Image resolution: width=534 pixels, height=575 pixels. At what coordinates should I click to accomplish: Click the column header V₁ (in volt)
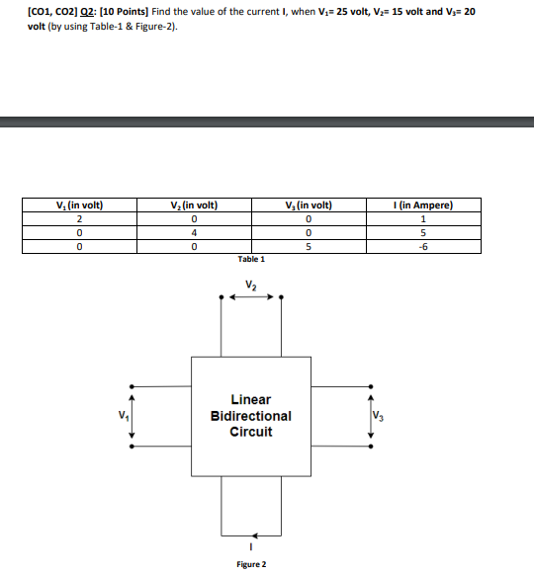coord(77,205)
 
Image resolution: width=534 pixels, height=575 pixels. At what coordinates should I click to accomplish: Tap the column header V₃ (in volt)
coord(309,205)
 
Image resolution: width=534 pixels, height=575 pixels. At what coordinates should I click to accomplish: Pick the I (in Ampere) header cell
coord(423,205)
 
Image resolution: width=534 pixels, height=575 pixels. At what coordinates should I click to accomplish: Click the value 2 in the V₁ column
coord(77,218)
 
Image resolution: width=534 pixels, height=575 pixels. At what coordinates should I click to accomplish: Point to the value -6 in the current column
coord(423,246)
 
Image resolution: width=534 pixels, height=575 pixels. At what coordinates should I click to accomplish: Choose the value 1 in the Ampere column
coord(423,218)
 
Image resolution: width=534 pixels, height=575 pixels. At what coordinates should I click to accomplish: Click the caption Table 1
coord(251,259)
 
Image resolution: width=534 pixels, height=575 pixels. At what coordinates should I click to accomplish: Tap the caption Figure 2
coord(251,564)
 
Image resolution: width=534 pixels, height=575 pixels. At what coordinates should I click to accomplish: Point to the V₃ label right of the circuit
coord(381,415)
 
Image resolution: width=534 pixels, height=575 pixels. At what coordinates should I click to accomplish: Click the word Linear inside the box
coord(251,399)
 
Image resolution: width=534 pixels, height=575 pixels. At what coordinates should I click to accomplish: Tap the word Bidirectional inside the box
coord(251,416)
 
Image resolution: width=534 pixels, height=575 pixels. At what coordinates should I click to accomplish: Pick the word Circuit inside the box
coord(251,432)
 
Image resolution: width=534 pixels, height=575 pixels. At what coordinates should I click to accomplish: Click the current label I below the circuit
coord(251,545)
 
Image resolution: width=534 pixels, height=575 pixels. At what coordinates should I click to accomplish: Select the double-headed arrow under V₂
coord(251,295)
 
